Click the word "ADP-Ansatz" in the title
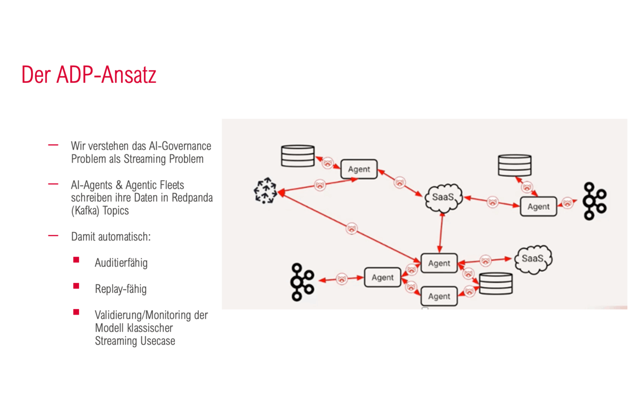(x=106, y=75)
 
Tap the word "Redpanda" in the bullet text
(x=192, y=198)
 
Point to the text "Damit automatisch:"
(x=111, y=237)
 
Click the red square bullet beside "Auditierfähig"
(x=76, y=260)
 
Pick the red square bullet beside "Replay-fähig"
(x=76, y=286)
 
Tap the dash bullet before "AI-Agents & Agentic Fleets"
(x=53, y=184)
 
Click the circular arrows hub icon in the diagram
(x=265, y=191)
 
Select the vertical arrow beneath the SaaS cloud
(x=441, y=232)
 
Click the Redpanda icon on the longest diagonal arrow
(x=352, y=229)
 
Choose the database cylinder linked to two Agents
(x=496, y=283)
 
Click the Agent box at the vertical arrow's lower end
(x=439, y=263)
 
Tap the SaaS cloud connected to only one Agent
(x=533, y=259)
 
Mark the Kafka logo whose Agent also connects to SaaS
(x=594, y=201)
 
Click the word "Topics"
(x=116, y=211)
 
